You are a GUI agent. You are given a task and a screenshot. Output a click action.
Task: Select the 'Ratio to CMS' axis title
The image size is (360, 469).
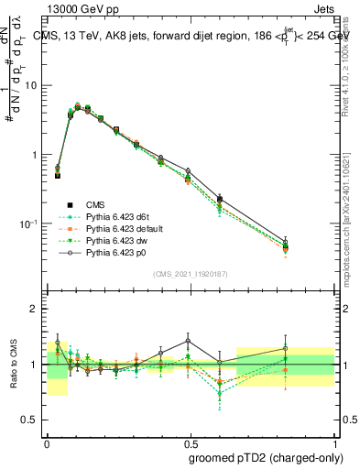(x=13, y=364)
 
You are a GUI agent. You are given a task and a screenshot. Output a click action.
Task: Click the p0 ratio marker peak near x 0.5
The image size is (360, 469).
(x=188, y=341)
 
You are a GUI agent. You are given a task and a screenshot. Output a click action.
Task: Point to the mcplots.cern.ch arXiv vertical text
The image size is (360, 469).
(x=350, y=220)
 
